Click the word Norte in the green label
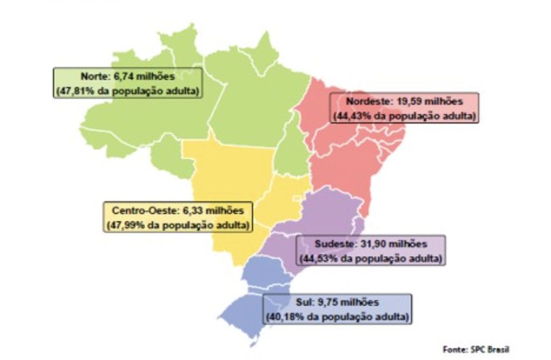[93, 76]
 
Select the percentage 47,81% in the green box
[71, 91]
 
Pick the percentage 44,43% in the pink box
[351, 115]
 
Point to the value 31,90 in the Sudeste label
[368, 244]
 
